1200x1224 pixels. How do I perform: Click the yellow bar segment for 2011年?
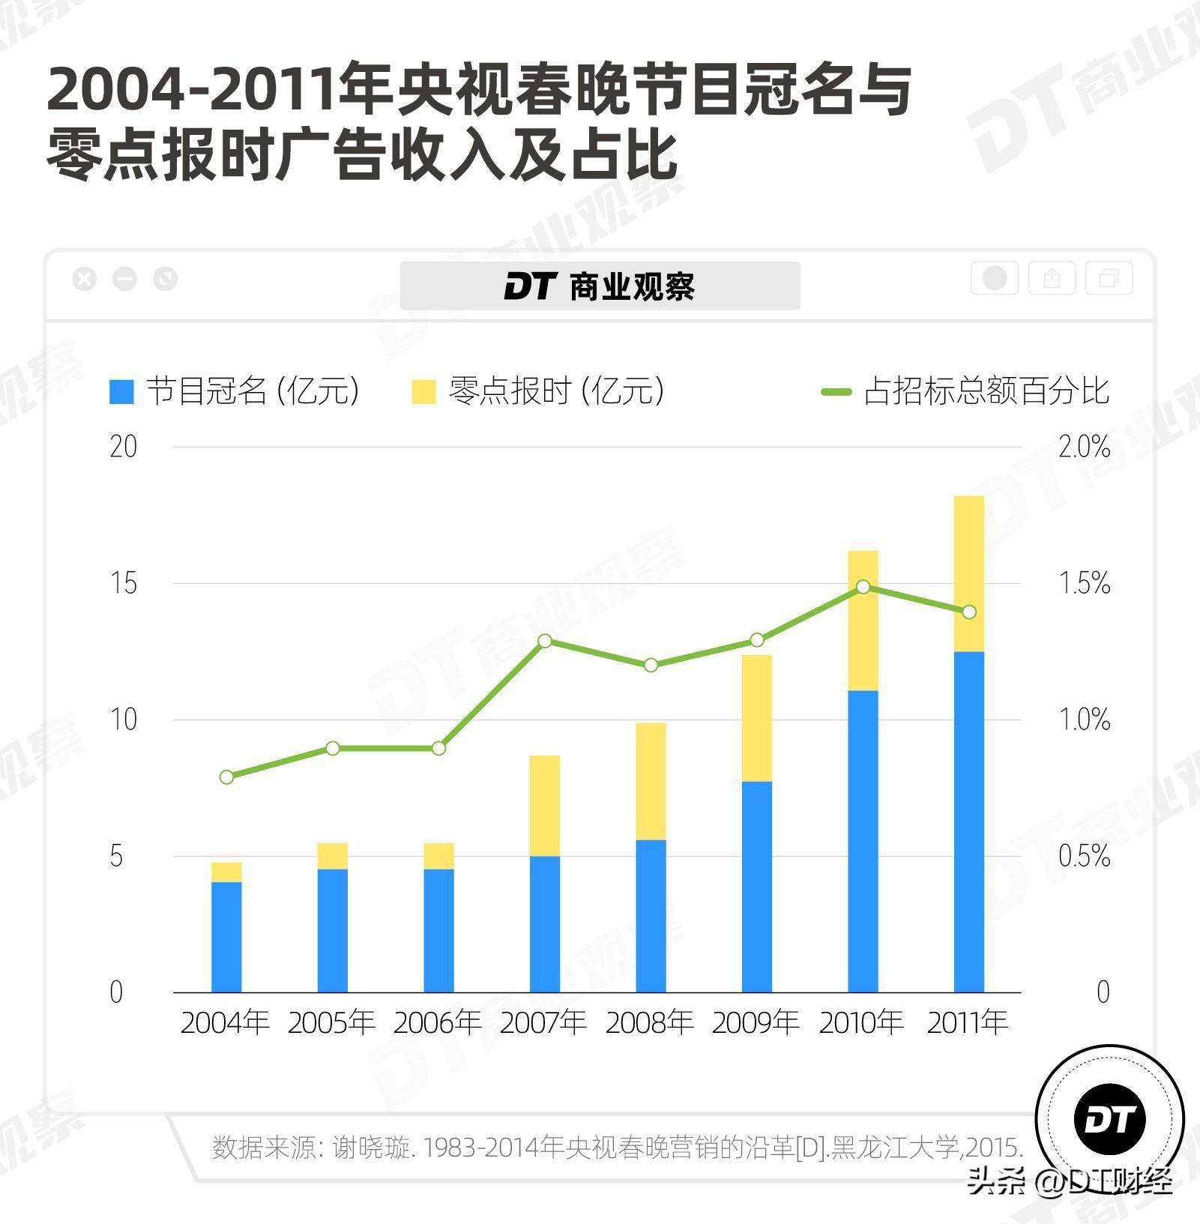(968, 573)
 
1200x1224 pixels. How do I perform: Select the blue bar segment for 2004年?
(226, 937)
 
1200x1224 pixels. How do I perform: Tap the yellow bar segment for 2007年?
(545, 806)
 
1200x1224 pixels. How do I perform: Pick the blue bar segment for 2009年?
(757, 887)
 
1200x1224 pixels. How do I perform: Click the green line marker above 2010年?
(863, 586)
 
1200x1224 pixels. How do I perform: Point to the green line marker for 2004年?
(226, 777)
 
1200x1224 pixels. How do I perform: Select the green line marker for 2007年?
(545, 641)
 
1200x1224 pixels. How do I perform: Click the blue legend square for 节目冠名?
(121, 391)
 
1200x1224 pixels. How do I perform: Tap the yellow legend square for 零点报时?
(423, 391)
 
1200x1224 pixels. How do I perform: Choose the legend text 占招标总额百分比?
(986, 391)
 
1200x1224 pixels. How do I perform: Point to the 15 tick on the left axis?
(124, 584)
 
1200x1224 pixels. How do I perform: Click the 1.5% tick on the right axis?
(1084, 584)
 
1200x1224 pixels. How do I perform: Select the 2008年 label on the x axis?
(650, 1023)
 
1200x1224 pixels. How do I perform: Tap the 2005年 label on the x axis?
(331, 1023)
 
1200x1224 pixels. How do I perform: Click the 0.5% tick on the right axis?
(1084, 857)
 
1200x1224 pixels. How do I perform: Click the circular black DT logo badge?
(1109, 1120)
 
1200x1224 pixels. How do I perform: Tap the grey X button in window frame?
(85, 280)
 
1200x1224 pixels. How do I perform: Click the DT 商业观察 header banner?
(600, 286)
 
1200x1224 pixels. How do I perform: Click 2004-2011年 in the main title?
(191, 90)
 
